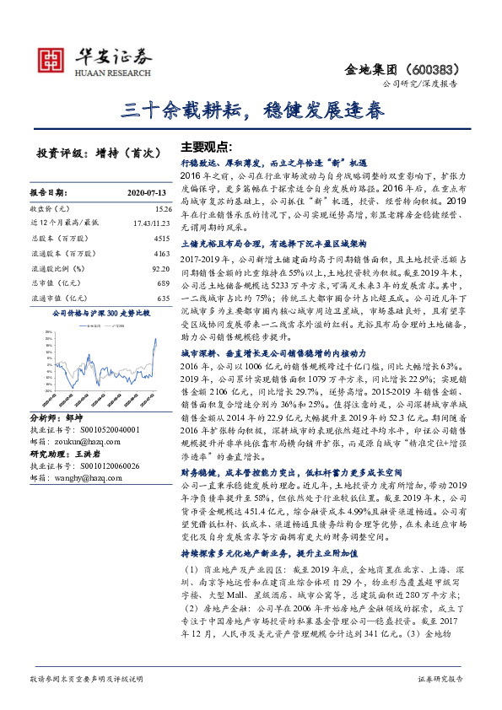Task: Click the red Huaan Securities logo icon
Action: click(x=54, y=58)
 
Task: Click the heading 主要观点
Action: click(x=207, y=145)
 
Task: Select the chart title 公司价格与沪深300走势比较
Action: click(x=101, y=314)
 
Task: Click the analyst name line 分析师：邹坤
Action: click(x=58, y=417)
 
